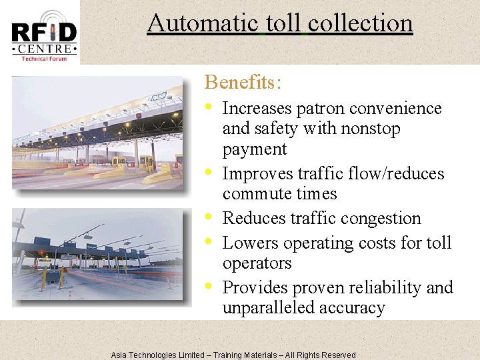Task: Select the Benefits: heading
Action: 243,82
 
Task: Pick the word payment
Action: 254,149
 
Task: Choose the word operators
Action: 257,263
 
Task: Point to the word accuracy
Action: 353,308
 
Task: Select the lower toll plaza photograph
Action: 97,256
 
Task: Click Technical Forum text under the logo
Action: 44,59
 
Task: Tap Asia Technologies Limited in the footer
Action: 157,355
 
